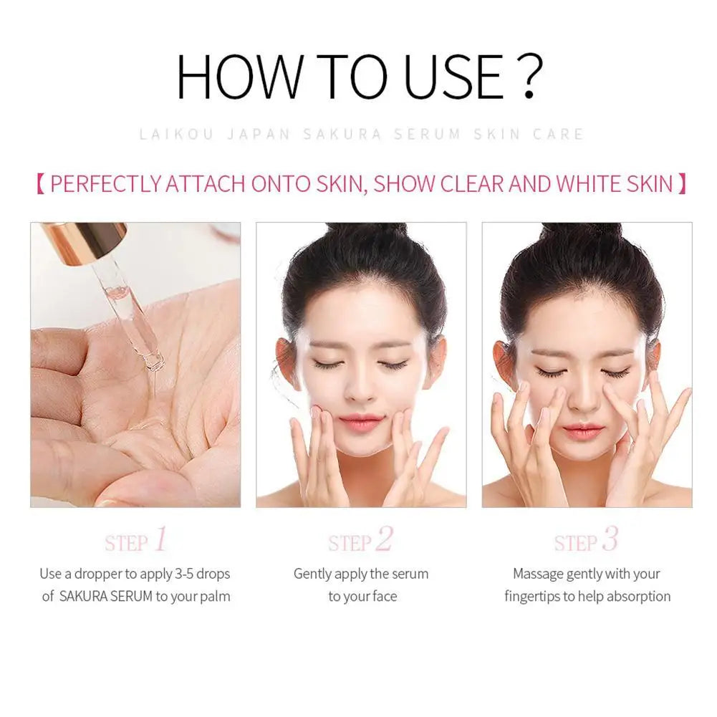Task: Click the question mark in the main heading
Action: point(529,76)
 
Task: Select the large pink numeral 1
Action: point(160,539)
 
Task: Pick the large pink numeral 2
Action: point(384,539)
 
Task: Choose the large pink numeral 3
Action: point(609,539)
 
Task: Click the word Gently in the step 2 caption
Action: point(313,574)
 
